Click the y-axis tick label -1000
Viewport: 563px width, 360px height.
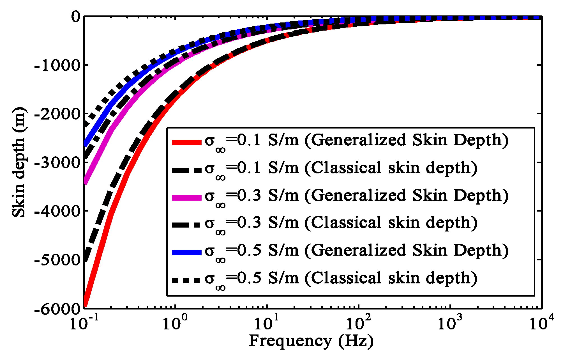[57, 65]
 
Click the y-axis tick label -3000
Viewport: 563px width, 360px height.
[57, 163]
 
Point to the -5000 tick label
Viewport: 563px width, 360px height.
[57, 260]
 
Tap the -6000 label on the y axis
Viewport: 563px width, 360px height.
[57, 309]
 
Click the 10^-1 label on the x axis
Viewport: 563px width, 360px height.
[83, 323]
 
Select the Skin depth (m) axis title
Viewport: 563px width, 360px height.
[19, 163]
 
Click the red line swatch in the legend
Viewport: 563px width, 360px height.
[187, 142]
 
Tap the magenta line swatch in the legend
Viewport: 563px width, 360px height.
[187, 198]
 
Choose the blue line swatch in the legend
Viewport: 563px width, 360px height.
[187, 253]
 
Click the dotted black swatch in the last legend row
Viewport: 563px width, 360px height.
[187, 280]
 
